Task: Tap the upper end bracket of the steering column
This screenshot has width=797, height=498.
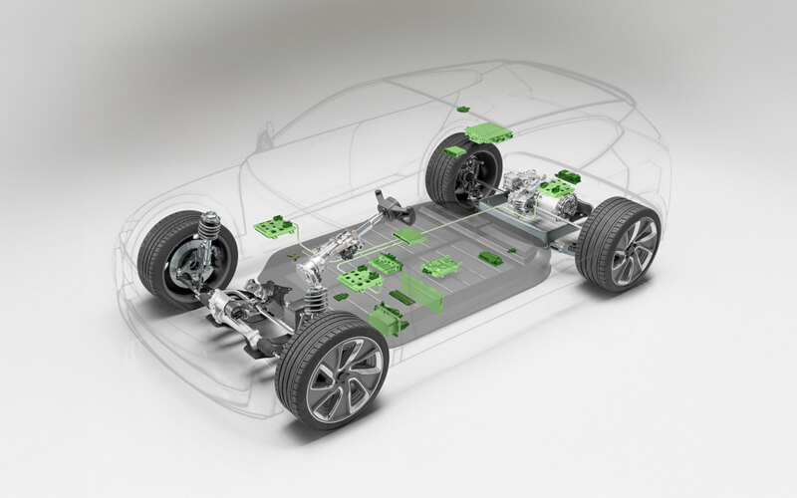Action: pyautogui.click(x=391, y=206)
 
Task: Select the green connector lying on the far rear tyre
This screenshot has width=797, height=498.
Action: pyautogui.click(x=454, y=151)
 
